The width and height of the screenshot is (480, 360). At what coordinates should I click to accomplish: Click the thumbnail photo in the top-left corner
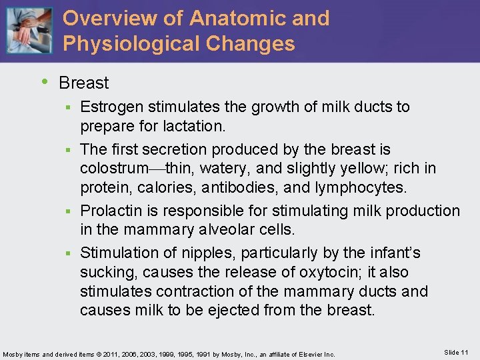tap(28, 31)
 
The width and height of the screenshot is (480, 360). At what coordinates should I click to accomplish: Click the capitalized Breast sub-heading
tap(83, 83)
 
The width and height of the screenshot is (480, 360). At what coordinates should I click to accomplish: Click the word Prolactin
tap(109, 211)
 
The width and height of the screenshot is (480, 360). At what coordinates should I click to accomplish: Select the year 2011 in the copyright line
tap(123, 353)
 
